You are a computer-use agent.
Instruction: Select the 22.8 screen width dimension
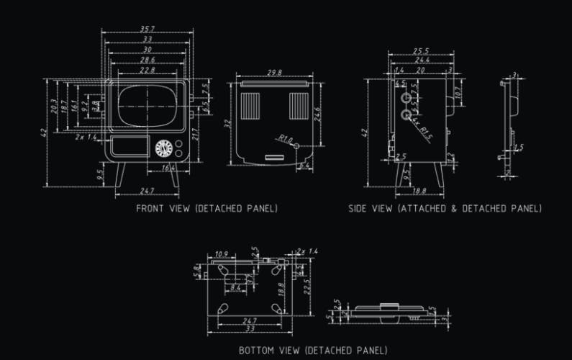pyautogui.click(x=147, y=71)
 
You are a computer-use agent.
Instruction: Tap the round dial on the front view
pyautogui.click(x=164, y=148)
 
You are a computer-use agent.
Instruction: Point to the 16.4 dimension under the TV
pyautogui.click(x=167, y=168)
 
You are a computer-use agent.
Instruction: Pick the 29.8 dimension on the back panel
pyautogui.click(x=273, y=73)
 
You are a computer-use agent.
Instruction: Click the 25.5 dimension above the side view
pyautogui.click(x=421, y=51)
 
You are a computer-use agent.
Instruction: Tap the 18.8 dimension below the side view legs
pyautogui.click(x=419, y=191)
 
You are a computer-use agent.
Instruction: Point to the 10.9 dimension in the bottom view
pyautogui.click(x=222, y=255)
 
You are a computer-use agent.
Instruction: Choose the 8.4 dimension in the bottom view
pyautogui.click(x=235, y=288)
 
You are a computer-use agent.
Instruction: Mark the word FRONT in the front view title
pyautogui.click(x=152, y=208)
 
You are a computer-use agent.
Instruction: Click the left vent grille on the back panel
pyautogui.click(x=250, y=105)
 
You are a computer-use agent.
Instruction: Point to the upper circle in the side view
pyautogui.click(x=406, y=97)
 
